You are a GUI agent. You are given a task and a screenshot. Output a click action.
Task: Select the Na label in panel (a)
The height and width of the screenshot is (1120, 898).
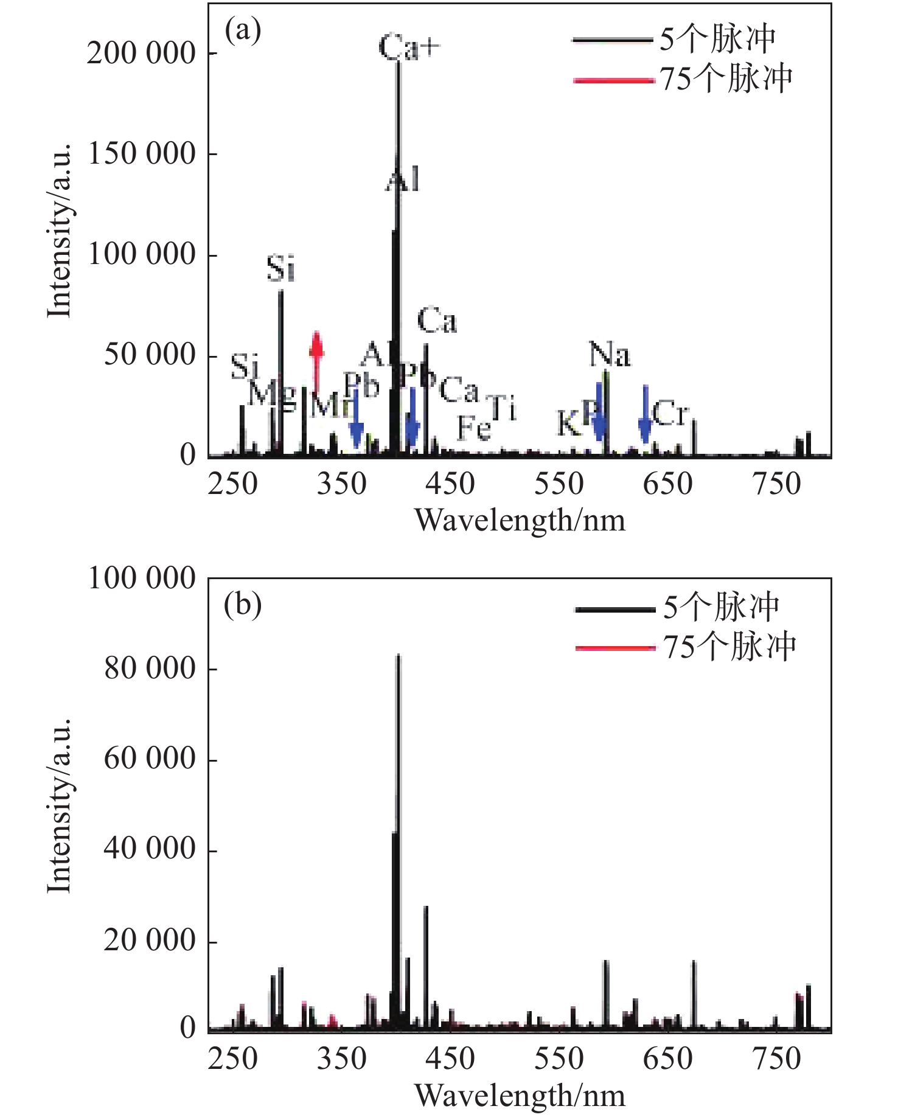tap(609, 355)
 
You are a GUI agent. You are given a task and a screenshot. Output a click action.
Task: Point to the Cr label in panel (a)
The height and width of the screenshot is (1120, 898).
tap(670, 414)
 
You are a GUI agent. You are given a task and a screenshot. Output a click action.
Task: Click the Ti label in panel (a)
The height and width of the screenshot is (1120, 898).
tap(503, 407)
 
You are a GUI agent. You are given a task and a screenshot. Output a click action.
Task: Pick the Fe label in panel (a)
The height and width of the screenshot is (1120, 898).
tap(474, 428)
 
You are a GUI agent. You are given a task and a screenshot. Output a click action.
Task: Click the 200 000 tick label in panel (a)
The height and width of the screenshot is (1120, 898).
tap(141, 54)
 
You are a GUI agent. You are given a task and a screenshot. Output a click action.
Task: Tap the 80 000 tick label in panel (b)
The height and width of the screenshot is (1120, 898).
tap(149, 669)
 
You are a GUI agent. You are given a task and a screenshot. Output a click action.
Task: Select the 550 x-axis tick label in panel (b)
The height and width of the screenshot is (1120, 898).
tap(559, 1059)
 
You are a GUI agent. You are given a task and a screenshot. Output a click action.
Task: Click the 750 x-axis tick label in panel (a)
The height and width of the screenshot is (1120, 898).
tap(777, 485)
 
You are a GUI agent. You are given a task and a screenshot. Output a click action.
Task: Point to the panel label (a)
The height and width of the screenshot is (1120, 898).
tap(243, 30)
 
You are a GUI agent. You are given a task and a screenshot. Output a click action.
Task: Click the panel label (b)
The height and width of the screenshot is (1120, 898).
tap(243, 605)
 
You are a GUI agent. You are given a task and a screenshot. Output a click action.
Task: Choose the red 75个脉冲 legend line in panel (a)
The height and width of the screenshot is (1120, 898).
tap(613, 80)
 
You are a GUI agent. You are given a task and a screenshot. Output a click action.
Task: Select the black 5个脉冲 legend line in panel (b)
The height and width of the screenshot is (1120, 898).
tap(614, 609)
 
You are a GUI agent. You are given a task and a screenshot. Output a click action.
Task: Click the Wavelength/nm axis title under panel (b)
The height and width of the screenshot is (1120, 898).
tap(520, 1096)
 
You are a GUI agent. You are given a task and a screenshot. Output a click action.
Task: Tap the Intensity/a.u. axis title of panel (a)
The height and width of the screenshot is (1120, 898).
tap(60, 231)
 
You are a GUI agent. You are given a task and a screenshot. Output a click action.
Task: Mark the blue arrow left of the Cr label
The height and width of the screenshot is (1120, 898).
tap(646, 414)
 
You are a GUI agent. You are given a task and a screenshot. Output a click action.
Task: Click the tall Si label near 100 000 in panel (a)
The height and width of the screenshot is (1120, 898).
tap(281, 268)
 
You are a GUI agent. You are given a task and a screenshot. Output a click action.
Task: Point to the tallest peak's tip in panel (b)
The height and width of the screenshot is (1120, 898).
tap(398, 656)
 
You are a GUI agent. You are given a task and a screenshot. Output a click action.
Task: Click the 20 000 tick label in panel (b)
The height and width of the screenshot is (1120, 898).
tap(149, 941)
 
